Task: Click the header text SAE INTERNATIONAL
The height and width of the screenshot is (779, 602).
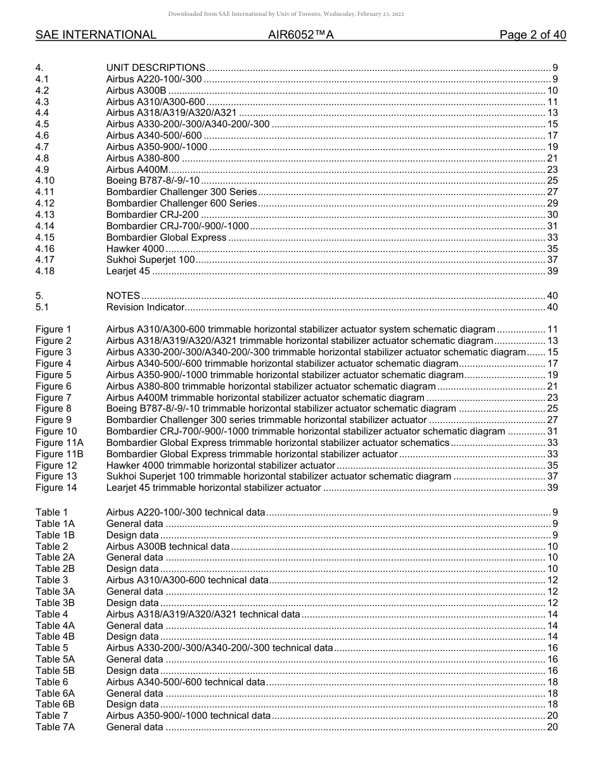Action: click(96, 35)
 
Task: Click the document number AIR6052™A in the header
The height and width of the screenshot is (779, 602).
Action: click(300, 35)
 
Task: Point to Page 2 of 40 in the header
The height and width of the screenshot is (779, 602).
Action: click(532, 35)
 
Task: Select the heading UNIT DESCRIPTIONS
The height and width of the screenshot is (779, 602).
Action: click(156, 68)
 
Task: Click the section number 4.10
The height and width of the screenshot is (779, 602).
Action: click(45, 181)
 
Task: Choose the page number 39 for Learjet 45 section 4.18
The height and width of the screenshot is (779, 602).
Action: click(552, 272)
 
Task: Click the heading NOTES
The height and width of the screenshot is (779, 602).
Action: click(123, 296)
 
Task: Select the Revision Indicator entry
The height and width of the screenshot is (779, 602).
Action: click(145, 307)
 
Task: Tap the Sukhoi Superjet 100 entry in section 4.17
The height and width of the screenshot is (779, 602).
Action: click(150, 260)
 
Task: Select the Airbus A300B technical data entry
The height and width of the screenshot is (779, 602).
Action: click(168, 547)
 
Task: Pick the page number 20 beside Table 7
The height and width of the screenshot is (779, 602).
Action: click(552, 716)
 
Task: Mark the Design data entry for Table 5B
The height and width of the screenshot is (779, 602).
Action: click(132, 671)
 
